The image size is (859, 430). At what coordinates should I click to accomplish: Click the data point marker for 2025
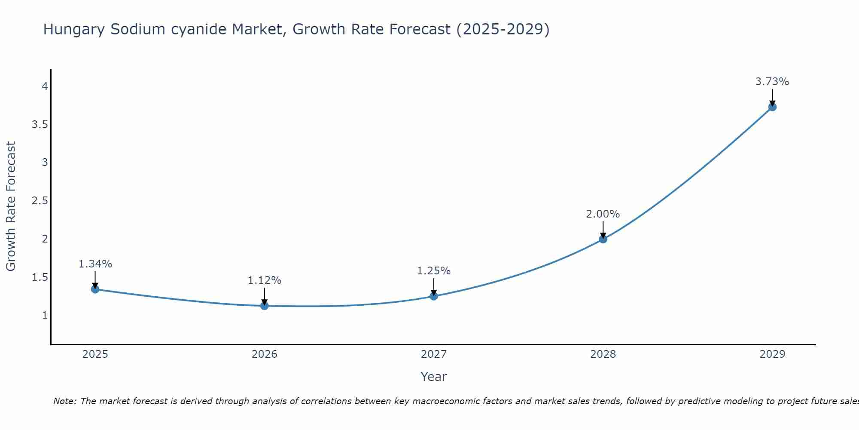click(95, 289)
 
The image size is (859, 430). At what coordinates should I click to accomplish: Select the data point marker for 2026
click(265, 306)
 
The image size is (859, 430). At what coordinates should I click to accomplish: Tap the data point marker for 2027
click(434, 296)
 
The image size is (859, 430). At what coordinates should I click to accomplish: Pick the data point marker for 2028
click(603, 239)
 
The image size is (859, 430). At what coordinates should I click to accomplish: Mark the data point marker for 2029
click(772, 107)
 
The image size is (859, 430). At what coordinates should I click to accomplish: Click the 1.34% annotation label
click(95, 264)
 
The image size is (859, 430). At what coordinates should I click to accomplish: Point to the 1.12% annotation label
click(265, 280)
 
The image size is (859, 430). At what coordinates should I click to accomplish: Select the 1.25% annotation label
click(434, 271)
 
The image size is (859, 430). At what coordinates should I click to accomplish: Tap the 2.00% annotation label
click(603, 214)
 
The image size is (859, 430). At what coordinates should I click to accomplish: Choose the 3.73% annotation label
click(772, 82)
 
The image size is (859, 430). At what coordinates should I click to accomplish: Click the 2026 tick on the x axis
click(265, 354)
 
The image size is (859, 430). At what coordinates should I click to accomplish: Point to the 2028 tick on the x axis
click(603, 354)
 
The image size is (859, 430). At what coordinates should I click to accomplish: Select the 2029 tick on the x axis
click(772, 354)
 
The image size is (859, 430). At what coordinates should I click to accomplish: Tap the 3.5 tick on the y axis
click(40, 125)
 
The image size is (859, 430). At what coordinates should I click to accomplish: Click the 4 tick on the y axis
click(45, 86)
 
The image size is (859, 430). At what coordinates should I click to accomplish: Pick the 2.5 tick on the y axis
click(40, 201)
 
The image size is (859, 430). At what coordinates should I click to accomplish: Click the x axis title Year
click(434, 377)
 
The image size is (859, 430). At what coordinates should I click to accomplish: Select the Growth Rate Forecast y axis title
click(11, 206)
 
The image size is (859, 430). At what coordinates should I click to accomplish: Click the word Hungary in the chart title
click(74, 30)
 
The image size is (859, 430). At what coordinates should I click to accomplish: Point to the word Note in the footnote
click(64, 401)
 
